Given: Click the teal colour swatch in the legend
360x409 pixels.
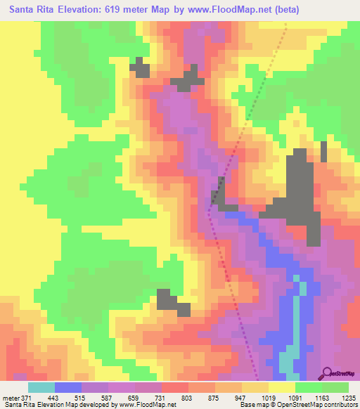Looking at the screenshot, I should (x=41, y=387).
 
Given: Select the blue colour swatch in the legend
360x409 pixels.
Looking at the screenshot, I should (x=67, y=387).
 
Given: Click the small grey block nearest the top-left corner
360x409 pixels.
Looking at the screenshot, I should (x=141, y=67).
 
